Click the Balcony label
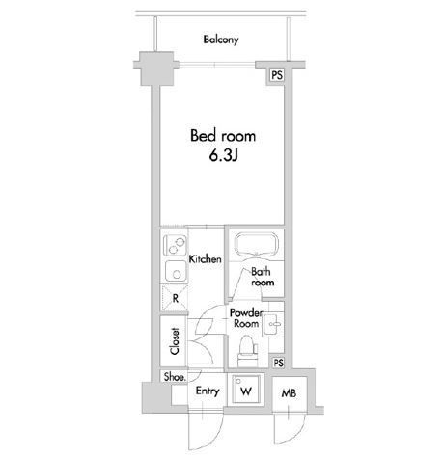point(221,40)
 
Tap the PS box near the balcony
point(277,75)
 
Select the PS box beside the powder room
point(278,363)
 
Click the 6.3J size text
point(223,156)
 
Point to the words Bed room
point(223,136)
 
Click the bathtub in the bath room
point(256,245)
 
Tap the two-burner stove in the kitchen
point(175,245)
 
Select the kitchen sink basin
point(176,271)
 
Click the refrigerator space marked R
point(174,298)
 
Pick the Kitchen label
point(205,259)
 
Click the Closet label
point(175,341)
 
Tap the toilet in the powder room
point(247,351)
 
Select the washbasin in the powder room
point(273,324)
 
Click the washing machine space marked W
point(246,390)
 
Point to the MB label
point(289,393)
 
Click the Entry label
point(208,391)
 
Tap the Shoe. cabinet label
point(175,377)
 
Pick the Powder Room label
point(246,318)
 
